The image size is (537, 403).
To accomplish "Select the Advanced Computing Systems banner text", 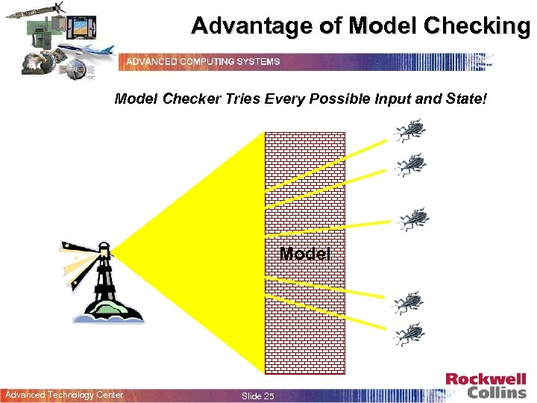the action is tap(203, 61).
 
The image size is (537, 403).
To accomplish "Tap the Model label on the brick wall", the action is tap(304, 254).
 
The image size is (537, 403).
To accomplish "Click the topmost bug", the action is tap(408, 131).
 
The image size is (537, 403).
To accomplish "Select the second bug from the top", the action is tap(409, 165).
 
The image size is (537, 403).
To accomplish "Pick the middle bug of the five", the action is tap(412, 218).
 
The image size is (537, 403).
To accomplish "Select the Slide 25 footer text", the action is tap(257, 396).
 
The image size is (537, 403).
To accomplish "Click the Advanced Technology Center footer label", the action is tap(64, 395).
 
